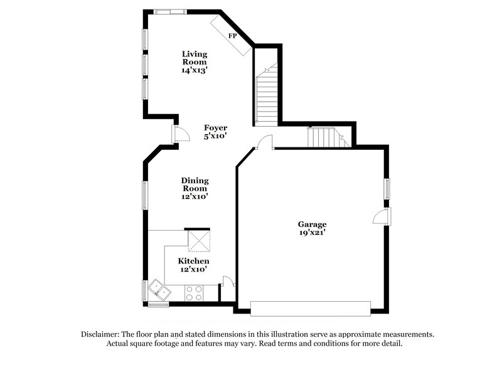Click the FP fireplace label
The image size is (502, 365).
pos(232,36)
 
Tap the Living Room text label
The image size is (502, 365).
pos(195,58)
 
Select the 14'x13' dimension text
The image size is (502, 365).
pos(195,71)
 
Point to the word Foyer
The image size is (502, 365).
pos(215,127)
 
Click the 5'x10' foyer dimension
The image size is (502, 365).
pos(215,135)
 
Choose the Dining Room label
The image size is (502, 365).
pos(195,184)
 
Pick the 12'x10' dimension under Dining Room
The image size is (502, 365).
pos(195,196)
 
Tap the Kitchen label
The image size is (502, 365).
pos(193,261)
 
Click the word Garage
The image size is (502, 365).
pos(312,224)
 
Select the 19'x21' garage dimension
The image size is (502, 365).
pos(312,233)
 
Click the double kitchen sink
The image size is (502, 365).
pos(158,290)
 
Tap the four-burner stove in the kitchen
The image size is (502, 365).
pos(194,292)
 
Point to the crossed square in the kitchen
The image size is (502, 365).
pos(198,240)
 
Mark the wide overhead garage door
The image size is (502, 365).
pos(310,307)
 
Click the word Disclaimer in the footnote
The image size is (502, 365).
pos(102,334)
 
